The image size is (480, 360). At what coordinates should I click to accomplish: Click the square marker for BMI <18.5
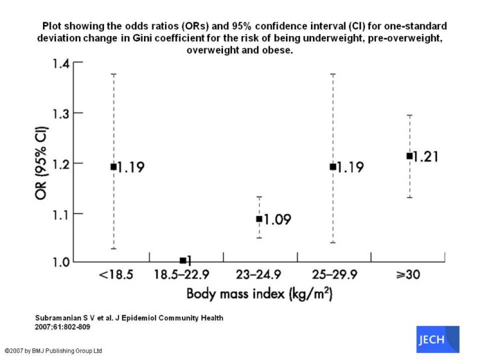click(113, 166)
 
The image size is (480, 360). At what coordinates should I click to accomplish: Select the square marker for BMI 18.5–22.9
click(183, 260)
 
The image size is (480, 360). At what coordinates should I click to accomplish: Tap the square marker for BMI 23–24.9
click(259, 219)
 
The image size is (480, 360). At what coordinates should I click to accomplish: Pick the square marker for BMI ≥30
click(409, 156)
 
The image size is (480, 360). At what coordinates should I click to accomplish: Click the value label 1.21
click(427, 156)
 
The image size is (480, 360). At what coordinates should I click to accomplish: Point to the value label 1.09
click(277, 220)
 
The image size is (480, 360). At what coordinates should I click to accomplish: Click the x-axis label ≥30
click(408, 276)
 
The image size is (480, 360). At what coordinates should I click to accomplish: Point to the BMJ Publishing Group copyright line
click(53, 351)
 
